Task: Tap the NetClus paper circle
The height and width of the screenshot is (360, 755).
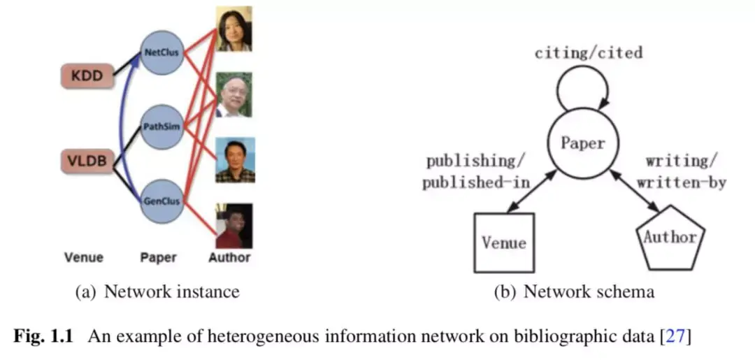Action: click(162, 52)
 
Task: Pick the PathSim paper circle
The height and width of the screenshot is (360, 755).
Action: click(162, 127)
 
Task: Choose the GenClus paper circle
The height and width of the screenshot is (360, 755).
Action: click(162, 201)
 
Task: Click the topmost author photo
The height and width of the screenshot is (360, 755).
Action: click(233, 29)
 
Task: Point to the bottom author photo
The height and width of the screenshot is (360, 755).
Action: click(233, 226)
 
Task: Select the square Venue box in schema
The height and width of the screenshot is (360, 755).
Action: click(503, 242)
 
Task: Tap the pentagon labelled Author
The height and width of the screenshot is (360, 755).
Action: click(670, 240)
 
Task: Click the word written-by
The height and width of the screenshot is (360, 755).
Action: click(685, 183)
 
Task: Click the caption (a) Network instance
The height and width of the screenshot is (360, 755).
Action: click(157, 291)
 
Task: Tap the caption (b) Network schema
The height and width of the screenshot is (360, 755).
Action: click(575, 291)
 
